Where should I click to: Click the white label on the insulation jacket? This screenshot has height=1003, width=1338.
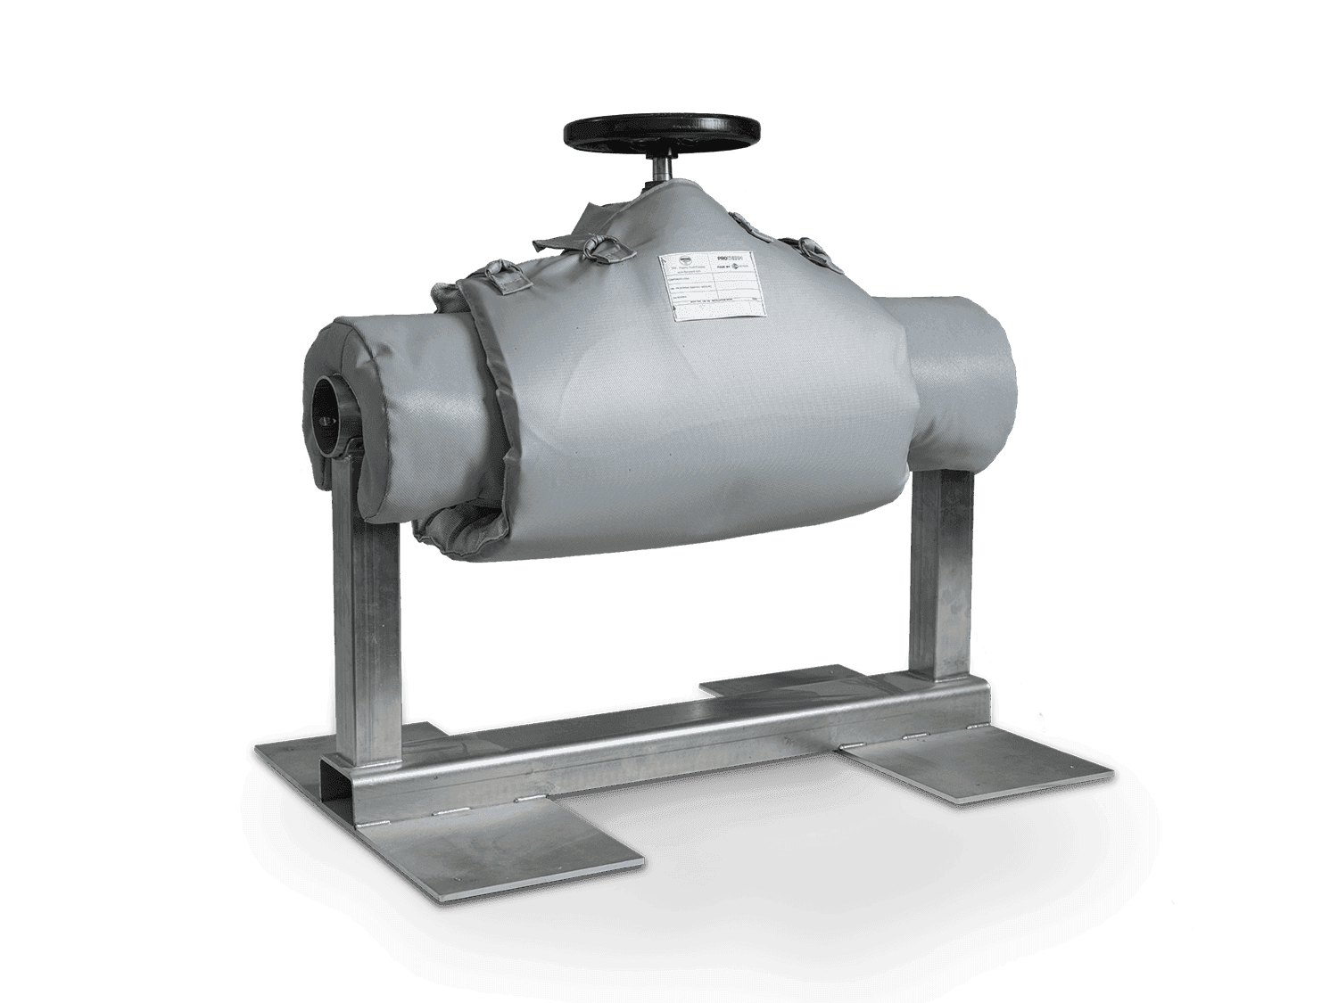point(711,287)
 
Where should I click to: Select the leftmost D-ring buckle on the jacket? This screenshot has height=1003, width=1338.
point(508,271)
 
